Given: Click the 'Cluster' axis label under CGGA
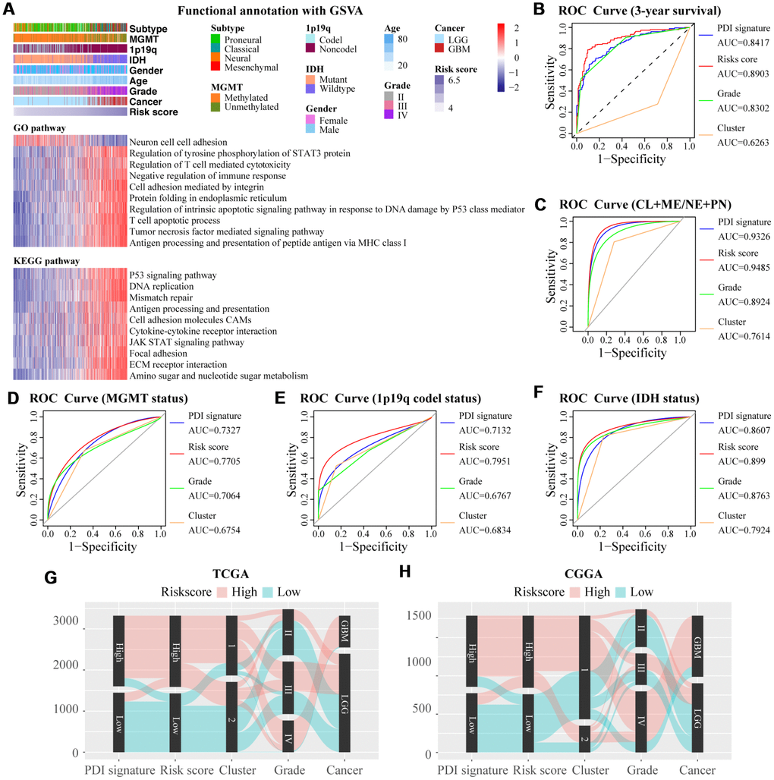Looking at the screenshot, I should tap(584, 769).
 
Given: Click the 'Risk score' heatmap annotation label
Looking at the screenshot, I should tap(153, 112).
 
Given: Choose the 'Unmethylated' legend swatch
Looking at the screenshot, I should tap(216, 107).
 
